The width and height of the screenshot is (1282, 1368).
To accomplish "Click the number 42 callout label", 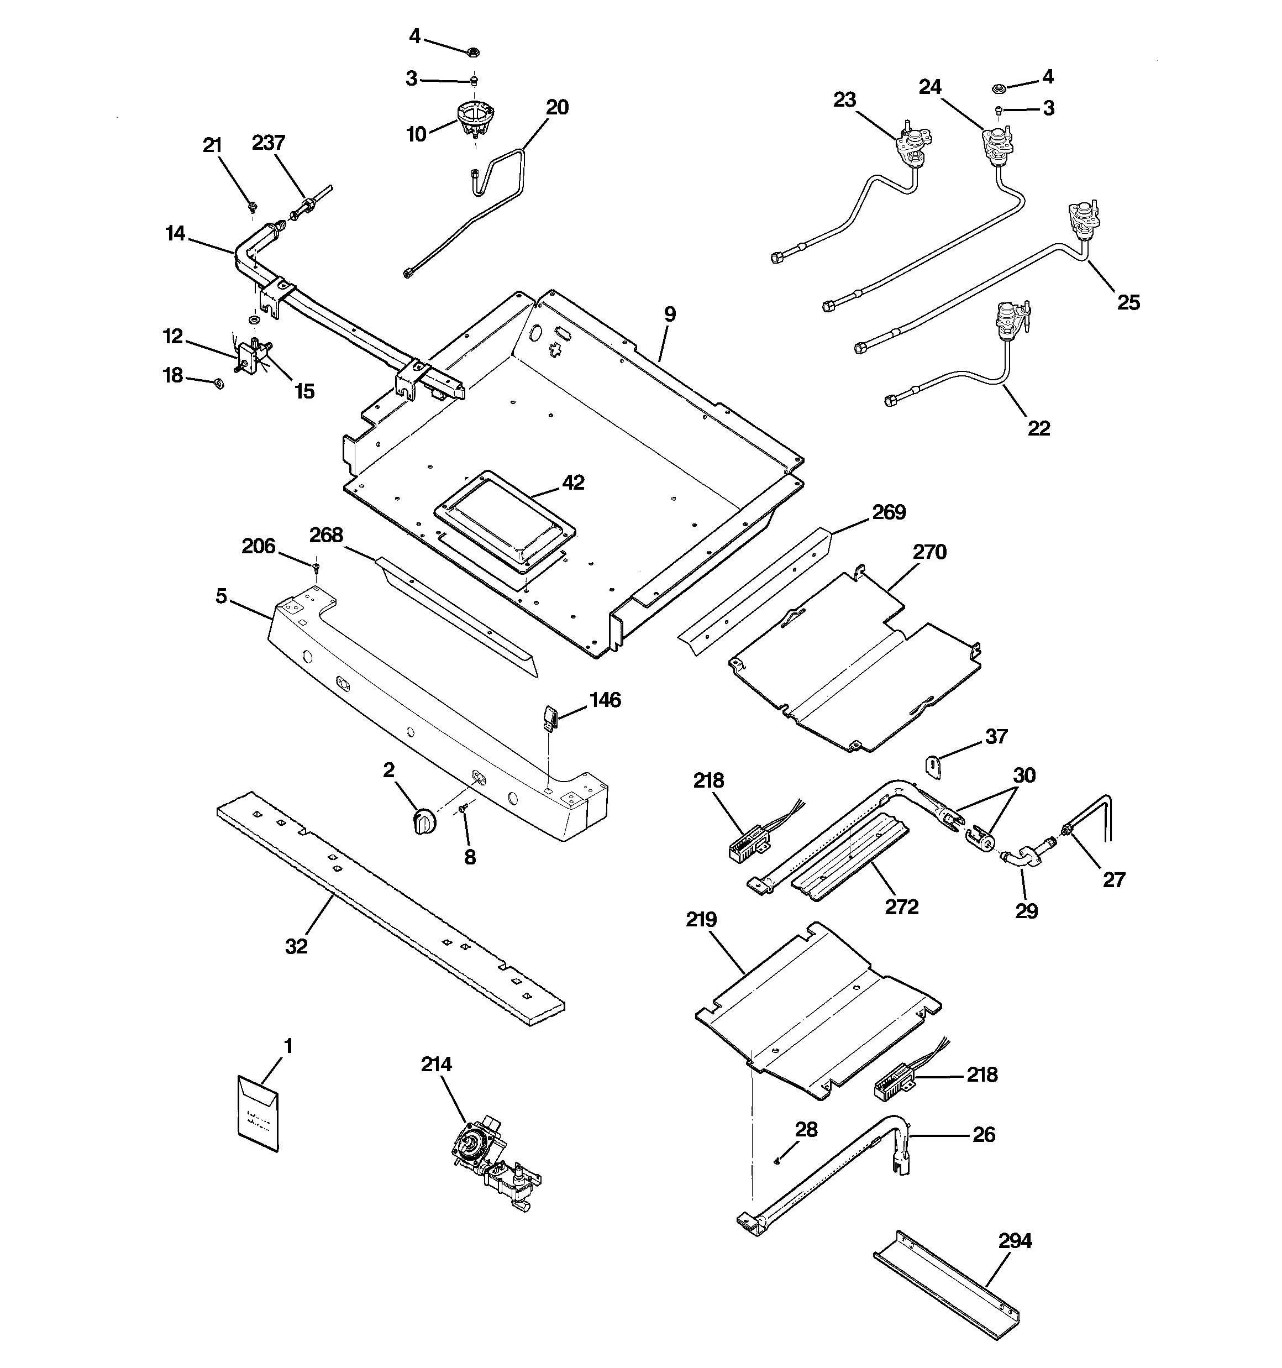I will tap(572, 483).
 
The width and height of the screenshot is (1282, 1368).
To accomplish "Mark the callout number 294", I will tap(1015, 1241).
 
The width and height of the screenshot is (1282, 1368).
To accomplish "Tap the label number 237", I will tap(269, 143).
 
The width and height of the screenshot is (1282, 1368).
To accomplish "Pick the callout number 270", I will tap(929, 552).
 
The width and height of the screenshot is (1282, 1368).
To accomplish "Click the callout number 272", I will tap(901, 906).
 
